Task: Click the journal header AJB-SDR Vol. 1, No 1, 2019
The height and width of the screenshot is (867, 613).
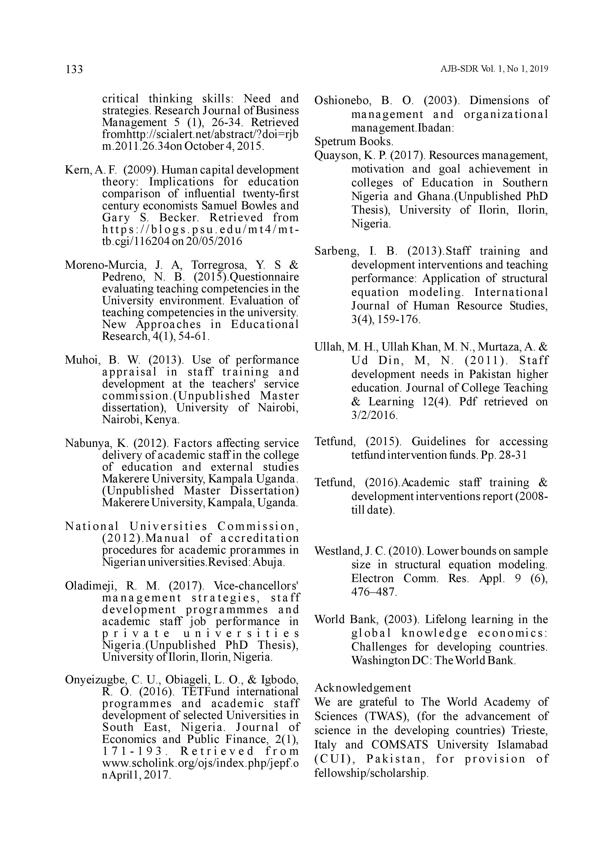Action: pos(494,69)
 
